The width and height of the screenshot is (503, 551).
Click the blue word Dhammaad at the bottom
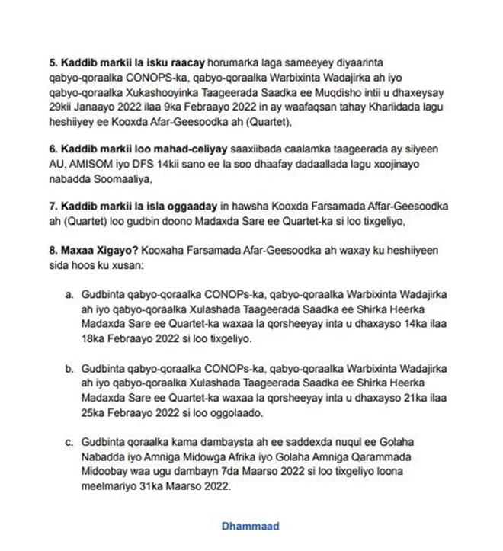pyautogui.click(x=250, y=526)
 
